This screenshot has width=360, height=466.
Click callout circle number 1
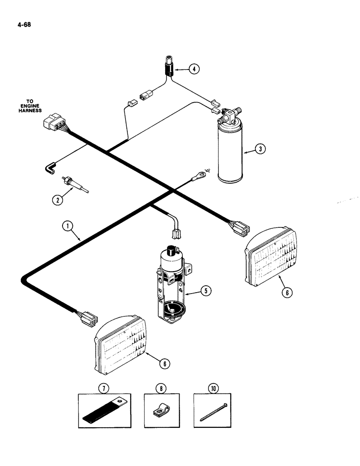coord(69,227)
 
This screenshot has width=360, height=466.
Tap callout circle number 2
coord(57,200)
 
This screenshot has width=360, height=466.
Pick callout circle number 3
coord(260,150)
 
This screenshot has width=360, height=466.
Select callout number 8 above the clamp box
coord(161,387)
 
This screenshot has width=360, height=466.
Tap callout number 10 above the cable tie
coord(212,387)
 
